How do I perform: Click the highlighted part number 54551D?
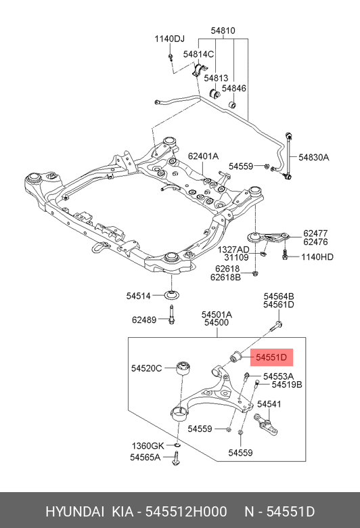pos(271,356)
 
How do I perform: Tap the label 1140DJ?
pos(169,39)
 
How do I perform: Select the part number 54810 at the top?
pos(223,30)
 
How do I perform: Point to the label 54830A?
pos(314,157)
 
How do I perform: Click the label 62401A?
pos(203,156)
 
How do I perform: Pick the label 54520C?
pos(146,368)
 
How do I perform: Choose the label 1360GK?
pos(148,445)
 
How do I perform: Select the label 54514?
pos(140,295)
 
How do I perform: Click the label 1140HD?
pos(317,257)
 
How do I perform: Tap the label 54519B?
pos(287,384)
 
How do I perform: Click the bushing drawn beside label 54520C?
pos(183,369)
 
